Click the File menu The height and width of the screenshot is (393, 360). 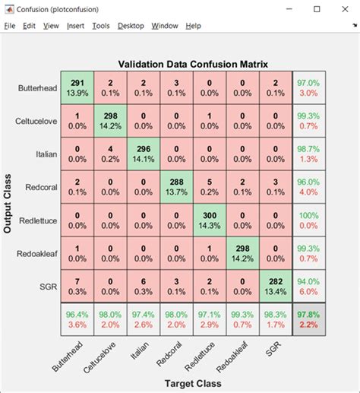coord(9,26)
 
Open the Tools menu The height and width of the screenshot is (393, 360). coord(100,26)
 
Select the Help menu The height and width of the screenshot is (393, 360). coord(193,26)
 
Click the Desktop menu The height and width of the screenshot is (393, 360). coord(130,26)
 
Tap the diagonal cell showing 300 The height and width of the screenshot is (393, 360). coord(209,220)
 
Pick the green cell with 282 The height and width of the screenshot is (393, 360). coord(275,287)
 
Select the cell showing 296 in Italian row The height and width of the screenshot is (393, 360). coord(143,154)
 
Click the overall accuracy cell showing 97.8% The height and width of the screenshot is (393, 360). coord(309,319)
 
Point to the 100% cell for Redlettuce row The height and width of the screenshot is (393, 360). coord(309,220)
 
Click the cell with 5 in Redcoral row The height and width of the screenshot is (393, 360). coord(209,186)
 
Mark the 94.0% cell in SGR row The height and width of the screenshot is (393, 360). coord(309,287)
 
